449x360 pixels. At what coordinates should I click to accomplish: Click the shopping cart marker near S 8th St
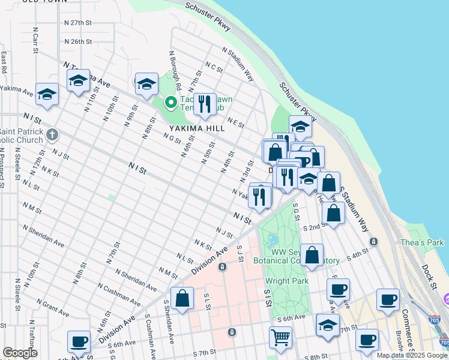click(x=280, y=338)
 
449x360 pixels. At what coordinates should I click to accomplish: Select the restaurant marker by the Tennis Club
click(x=205, y=104)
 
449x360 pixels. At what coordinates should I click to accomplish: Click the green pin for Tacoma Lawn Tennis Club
click(x=171, y=103)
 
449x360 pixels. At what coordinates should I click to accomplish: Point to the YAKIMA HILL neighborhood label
click(x=196, y=128)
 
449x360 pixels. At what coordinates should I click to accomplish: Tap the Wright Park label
click(x=286, y=281)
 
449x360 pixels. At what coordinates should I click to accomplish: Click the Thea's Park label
click(x=422, y=242)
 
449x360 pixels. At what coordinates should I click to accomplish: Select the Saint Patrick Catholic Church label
click(x=22, y=136)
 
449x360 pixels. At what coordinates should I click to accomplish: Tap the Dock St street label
click(x=429, y=277)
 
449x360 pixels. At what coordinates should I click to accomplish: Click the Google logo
click(x=20, y=353)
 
